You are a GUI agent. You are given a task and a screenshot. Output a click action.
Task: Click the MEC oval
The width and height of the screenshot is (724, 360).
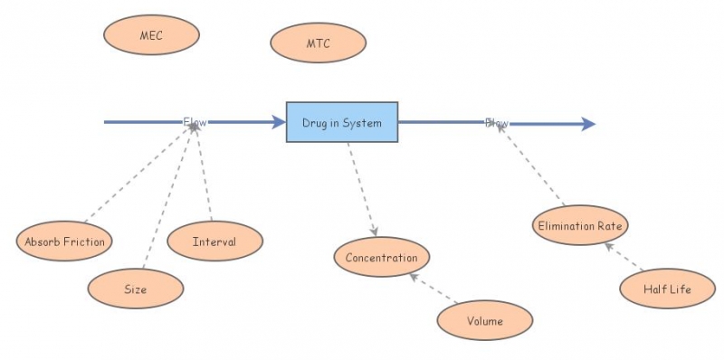coord(151,35)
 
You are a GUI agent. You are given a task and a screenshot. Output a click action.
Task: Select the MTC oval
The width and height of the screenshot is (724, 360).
coord(319,43)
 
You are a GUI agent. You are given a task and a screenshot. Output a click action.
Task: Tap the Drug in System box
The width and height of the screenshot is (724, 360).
coord(342,122)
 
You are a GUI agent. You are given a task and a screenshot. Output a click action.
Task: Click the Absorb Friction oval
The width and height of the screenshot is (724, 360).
coord(64,242)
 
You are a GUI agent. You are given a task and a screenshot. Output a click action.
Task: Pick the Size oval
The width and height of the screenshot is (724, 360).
coord(136,289)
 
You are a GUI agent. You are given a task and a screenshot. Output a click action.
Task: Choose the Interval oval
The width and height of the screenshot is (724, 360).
coord(214,242)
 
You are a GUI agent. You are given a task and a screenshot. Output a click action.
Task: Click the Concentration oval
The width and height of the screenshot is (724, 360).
coord(381,258)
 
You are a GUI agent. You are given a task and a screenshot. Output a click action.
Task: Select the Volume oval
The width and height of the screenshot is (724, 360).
coord(484,320)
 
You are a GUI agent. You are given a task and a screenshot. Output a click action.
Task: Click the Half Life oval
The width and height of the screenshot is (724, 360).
coord(667,289)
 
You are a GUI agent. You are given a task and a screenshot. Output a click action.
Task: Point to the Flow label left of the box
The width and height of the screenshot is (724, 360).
coord(195,121)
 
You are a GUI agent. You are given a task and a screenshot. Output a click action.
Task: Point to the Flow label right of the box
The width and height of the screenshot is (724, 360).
coord(497,122)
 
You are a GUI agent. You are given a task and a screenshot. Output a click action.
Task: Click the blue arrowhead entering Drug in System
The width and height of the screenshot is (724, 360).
coord(279,122)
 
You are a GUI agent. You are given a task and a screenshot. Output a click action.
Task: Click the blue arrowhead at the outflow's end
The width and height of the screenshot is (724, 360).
coord(588,124)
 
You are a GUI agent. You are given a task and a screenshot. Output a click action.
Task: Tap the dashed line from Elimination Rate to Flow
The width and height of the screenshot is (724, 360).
coord(532,166)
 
